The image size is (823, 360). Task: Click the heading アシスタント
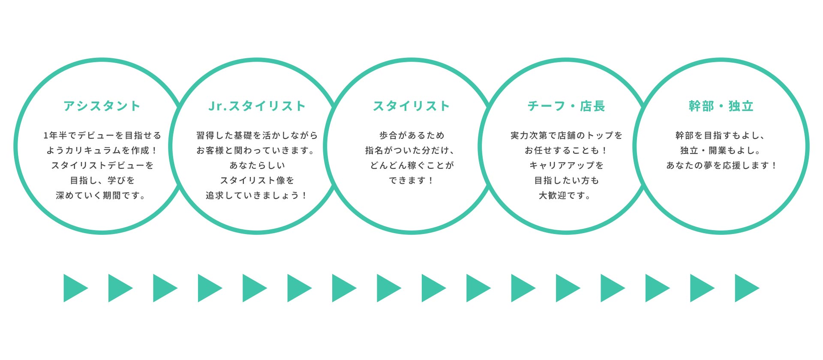pyautogui.click(x=102, y=106)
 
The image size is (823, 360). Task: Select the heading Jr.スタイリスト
pyautogui.click(x=257, y=106)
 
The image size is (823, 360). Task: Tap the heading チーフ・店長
pyautogui.click(x=566, y=106)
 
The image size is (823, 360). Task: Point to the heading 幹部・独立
pyautogui.click(x=721, y=106)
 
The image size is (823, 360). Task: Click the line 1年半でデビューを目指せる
pyautogui.click(x=102, y=135)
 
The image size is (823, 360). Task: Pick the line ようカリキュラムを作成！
pyautogui.click(x=102, y=150)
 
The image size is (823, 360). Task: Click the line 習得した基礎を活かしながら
pyautogui.click(x=257, y=135)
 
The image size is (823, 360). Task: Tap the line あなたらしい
pyautogui.click(x=257, y=165)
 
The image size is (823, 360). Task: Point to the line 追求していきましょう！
pyautogui.click(x=257, y=195)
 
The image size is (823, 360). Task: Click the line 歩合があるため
pyautogui.click(x=411, y=135)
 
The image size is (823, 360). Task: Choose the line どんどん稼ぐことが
pyautogui.click(x=411, y=165)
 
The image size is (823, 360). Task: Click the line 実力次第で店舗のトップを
pyautogui.click(x=566, y=135)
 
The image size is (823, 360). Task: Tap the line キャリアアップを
pyautogui.click(x=566, y=165)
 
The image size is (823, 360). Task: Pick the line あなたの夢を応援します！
pyautogui.click(x=721, y=165)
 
